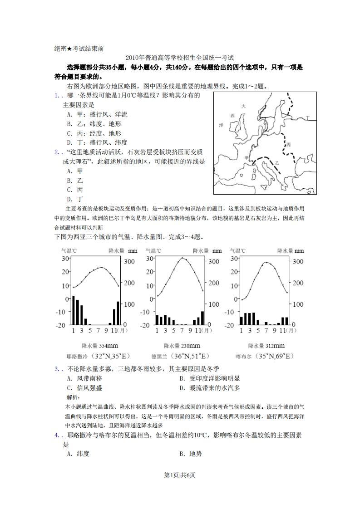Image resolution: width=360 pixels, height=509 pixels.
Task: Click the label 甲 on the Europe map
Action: (x=246, y=157)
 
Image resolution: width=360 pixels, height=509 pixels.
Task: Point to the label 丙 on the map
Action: (x=288, y=145)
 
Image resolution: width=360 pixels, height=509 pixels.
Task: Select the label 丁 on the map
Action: (x=307, y=118)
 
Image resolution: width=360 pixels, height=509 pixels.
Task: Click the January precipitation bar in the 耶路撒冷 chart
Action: (x=74, y=310)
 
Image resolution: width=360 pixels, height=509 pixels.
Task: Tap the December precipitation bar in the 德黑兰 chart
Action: (x=202, y=318)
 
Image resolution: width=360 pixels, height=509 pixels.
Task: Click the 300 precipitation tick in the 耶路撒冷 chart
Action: (x=129, y=262)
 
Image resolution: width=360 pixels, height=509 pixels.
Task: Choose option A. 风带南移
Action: (x=83, y=378)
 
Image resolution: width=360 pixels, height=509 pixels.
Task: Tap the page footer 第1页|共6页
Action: (x=180, y=475)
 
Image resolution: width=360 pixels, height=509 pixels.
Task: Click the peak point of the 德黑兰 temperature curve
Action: (x=182, y=258)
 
